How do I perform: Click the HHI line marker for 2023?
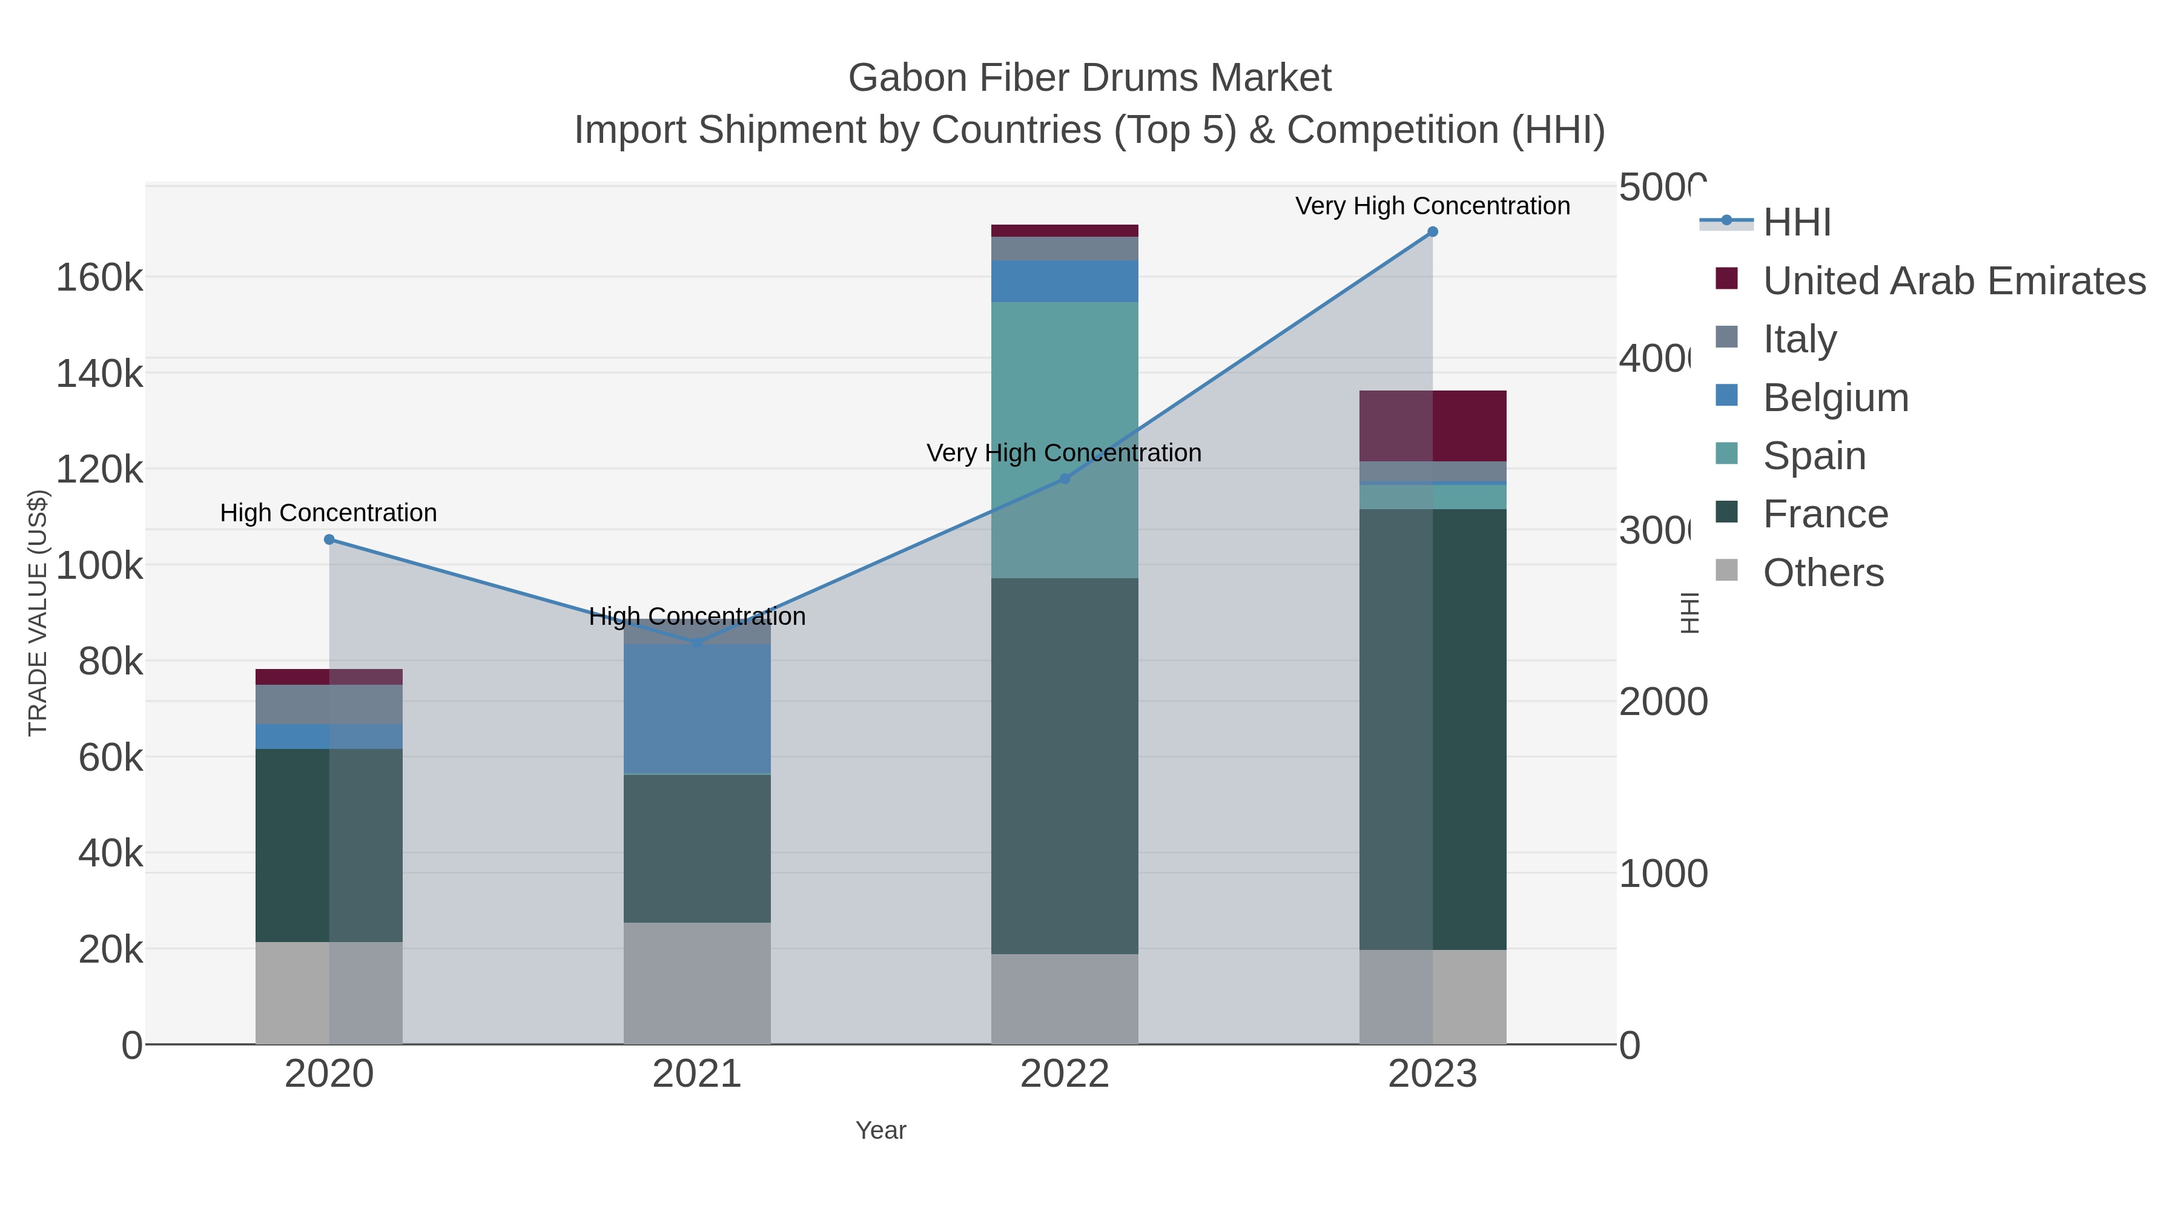[x=1432, y=232]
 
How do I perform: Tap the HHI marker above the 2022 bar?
[x=1065, y=479]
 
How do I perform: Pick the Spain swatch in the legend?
[x=1726, y=453]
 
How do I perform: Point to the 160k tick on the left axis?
[x=99, y=277]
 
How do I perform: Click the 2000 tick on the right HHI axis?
[x=1662, y=702]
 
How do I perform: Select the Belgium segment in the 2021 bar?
[x=696, y=709]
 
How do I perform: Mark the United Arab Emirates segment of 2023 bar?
[x=1432, y=426]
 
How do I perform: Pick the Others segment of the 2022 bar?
[x=1065, y=998]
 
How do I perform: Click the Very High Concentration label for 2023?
[x=1432, y=206]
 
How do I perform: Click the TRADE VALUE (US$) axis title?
[x=38, y=613]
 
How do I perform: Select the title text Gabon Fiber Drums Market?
[x=1089, y=78]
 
